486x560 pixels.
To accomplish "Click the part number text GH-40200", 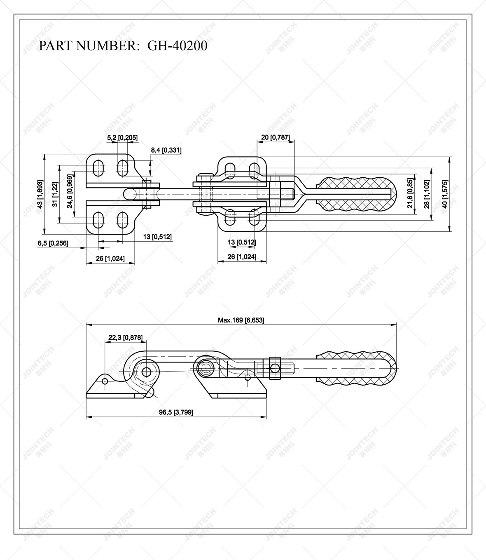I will tap(177, 46).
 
